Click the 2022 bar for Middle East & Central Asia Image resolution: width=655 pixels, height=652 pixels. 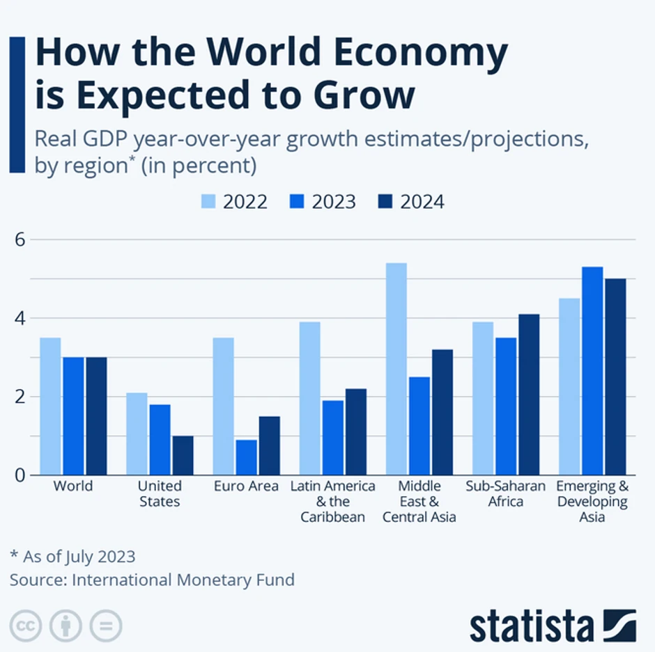tap(396, 369)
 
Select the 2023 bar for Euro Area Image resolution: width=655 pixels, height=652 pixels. tap(247, 457)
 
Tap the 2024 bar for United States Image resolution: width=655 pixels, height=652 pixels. tap(183, 455)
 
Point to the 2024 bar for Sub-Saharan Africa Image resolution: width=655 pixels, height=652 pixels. tap(529, 395)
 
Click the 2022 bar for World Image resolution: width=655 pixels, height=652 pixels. tap(50, 406)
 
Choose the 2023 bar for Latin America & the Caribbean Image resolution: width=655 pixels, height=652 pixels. tap(333, 438)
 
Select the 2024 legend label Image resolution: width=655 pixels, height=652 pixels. tap(422, 202)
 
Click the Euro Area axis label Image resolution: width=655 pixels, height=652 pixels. tap(247, 486)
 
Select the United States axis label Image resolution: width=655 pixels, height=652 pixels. tap(160, 493)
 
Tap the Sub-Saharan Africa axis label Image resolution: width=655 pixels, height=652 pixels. tap(506, 493)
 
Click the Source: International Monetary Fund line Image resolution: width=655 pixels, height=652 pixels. tap(152, 580)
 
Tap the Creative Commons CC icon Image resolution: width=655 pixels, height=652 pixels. tap(26, 625)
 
